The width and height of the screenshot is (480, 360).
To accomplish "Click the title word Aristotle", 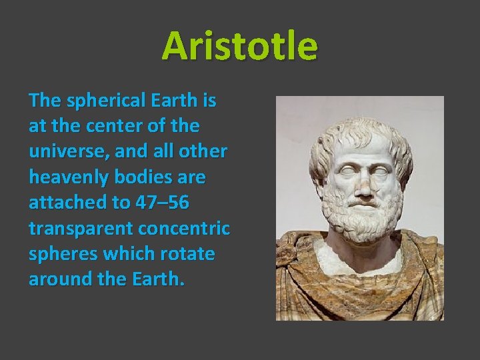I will pyautogui.click(x=239, y=46).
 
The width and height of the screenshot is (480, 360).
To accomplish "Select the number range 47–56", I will pyautogui.click(x=153, y=203).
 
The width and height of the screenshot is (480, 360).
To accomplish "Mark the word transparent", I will pyautogui.click(x=81, y=228).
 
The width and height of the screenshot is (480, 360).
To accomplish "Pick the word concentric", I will pyautogui.click(x=183, y=228).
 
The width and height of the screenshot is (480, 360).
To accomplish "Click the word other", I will pyautogui.click(x=205, y=152).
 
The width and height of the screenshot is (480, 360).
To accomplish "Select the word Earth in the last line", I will pyautogui.click(x=159, y=279).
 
